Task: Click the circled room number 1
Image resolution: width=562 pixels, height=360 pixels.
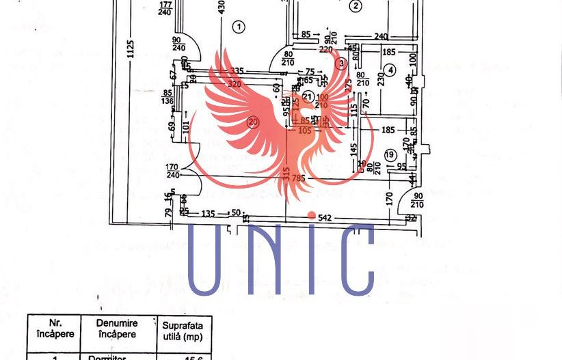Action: (238, 27)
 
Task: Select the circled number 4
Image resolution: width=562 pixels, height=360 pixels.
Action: (389, 70)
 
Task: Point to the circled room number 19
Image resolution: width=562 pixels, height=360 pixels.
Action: (390, 154)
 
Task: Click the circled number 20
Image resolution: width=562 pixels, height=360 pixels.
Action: (254, 123)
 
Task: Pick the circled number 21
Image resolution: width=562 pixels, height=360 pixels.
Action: (308, 96)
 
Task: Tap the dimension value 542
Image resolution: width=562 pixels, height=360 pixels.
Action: (325, 217)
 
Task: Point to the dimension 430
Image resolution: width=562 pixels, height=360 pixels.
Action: (221, 8)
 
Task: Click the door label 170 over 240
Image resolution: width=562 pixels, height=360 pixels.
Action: (173, 170)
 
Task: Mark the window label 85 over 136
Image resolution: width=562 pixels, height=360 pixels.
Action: (168, 98)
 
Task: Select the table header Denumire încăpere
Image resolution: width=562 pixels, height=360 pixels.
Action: (116, 329)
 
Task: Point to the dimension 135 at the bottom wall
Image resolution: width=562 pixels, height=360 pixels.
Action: (208, 213)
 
